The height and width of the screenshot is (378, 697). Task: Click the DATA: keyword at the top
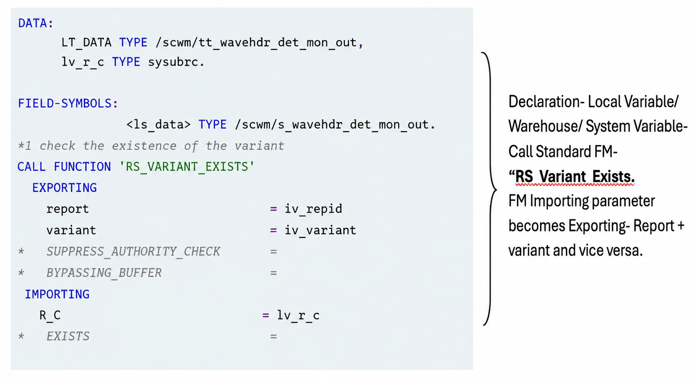point(36,23)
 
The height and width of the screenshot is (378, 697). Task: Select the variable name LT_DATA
point(86,43)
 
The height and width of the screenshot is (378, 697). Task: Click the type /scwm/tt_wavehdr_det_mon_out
point(256,43)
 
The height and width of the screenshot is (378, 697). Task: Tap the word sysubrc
point(173,62)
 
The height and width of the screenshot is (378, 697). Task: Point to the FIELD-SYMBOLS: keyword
point(68,104)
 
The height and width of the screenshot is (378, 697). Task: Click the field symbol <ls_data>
point(158,124)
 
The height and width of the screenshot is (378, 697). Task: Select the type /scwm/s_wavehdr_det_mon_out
point(332,124)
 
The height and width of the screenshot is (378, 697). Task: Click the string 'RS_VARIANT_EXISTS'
point(187,167)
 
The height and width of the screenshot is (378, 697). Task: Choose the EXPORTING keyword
point(64,188)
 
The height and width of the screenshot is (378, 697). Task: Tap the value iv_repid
point(313,209)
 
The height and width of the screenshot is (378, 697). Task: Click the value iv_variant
point(321,230)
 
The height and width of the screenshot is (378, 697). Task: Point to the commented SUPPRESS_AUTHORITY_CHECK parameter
point(133,251)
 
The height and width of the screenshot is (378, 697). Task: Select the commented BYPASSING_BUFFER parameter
point(104,273)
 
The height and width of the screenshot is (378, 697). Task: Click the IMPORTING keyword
point(57,294)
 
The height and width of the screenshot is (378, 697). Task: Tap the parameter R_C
point(50,315)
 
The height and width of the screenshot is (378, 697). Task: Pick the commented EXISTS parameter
point(68,337)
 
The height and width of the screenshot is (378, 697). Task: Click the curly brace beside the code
point(491,189)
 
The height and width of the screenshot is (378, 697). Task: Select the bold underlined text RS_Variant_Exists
point(575,177)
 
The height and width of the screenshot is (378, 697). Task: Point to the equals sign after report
point(274,209)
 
